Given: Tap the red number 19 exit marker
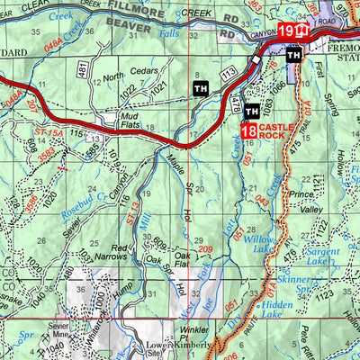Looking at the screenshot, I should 285,31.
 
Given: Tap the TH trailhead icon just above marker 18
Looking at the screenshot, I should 253,111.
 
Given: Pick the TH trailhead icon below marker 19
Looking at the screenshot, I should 293,54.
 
